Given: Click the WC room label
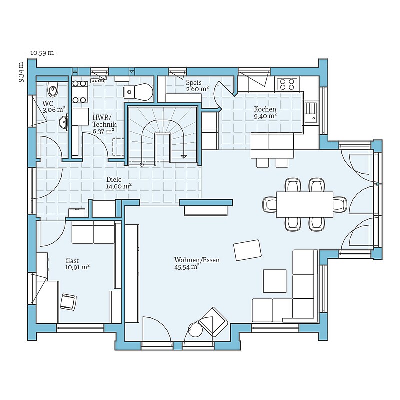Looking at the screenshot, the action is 48,104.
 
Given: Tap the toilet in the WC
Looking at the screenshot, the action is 53,89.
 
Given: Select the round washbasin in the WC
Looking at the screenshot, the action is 64,122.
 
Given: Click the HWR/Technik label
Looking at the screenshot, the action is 104,121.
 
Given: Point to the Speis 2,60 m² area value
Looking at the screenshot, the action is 197,89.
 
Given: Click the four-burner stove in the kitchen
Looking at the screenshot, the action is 287,84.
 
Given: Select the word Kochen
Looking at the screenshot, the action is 265,109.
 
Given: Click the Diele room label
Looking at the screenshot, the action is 114,179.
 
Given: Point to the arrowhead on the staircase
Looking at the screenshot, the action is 183,156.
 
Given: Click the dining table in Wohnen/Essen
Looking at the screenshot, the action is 305,204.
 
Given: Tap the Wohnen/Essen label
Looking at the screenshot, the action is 197,260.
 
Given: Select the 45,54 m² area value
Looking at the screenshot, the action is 187,267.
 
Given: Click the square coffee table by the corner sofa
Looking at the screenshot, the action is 275,281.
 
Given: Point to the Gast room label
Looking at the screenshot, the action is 72,261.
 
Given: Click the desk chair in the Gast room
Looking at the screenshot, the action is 68,302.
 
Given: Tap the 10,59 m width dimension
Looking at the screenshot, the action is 42,53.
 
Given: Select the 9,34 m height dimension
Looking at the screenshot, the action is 21,72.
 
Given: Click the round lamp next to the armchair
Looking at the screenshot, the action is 195,330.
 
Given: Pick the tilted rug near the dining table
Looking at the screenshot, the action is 247,250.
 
